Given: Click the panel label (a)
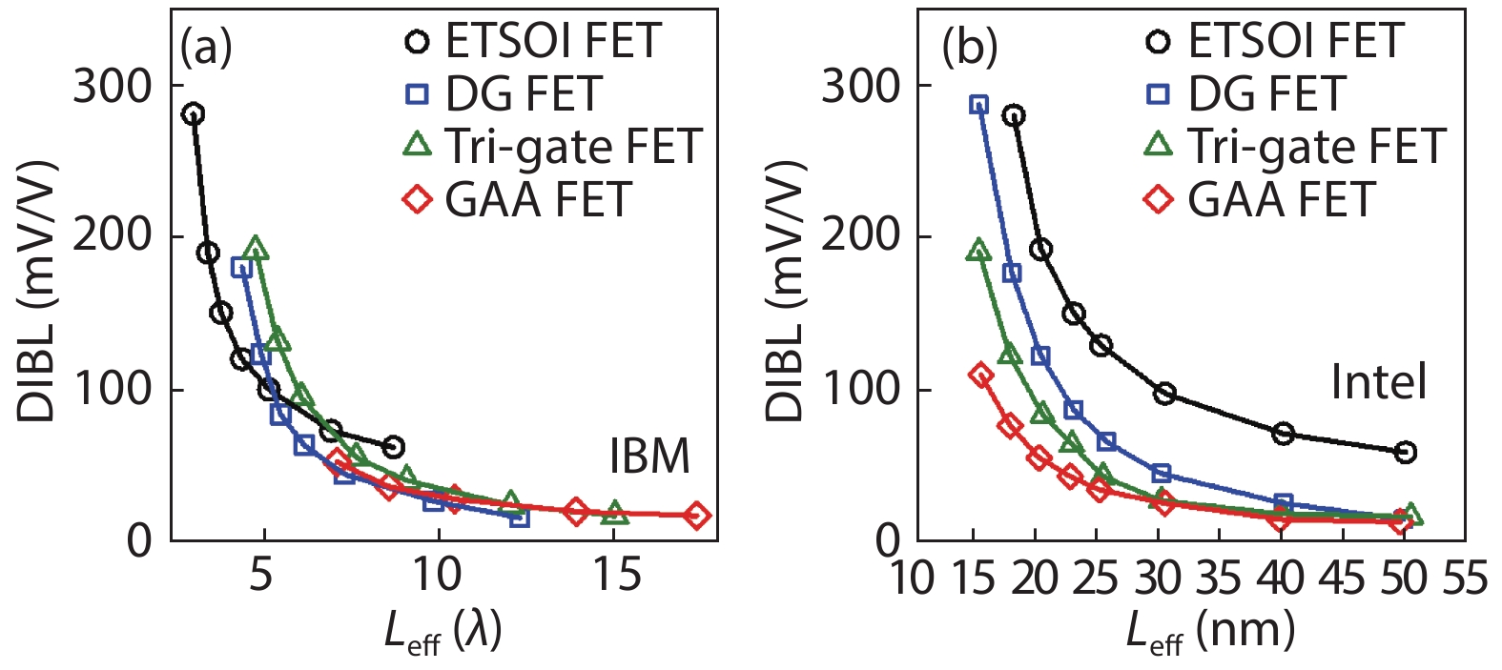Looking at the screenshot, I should [206, 47].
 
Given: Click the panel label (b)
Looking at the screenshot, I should [969, 47].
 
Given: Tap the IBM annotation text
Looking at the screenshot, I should [649, 457].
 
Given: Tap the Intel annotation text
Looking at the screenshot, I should [1379, 382].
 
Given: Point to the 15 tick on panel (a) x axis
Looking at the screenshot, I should [616, 575].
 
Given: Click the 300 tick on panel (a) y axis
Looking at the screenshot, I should [113, 87].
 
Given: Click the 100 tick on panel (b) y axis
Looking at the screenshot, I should [860, 390].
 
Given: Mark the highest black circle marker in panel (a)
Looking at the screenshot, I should [193, 114].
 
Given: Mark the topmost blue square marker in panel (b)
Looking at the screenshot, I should [978, 104].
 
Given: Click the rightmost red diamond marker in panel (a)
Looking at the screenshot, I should [697, 515].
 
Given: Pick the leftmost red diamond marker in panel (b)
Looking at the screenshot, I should [980, 375].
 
